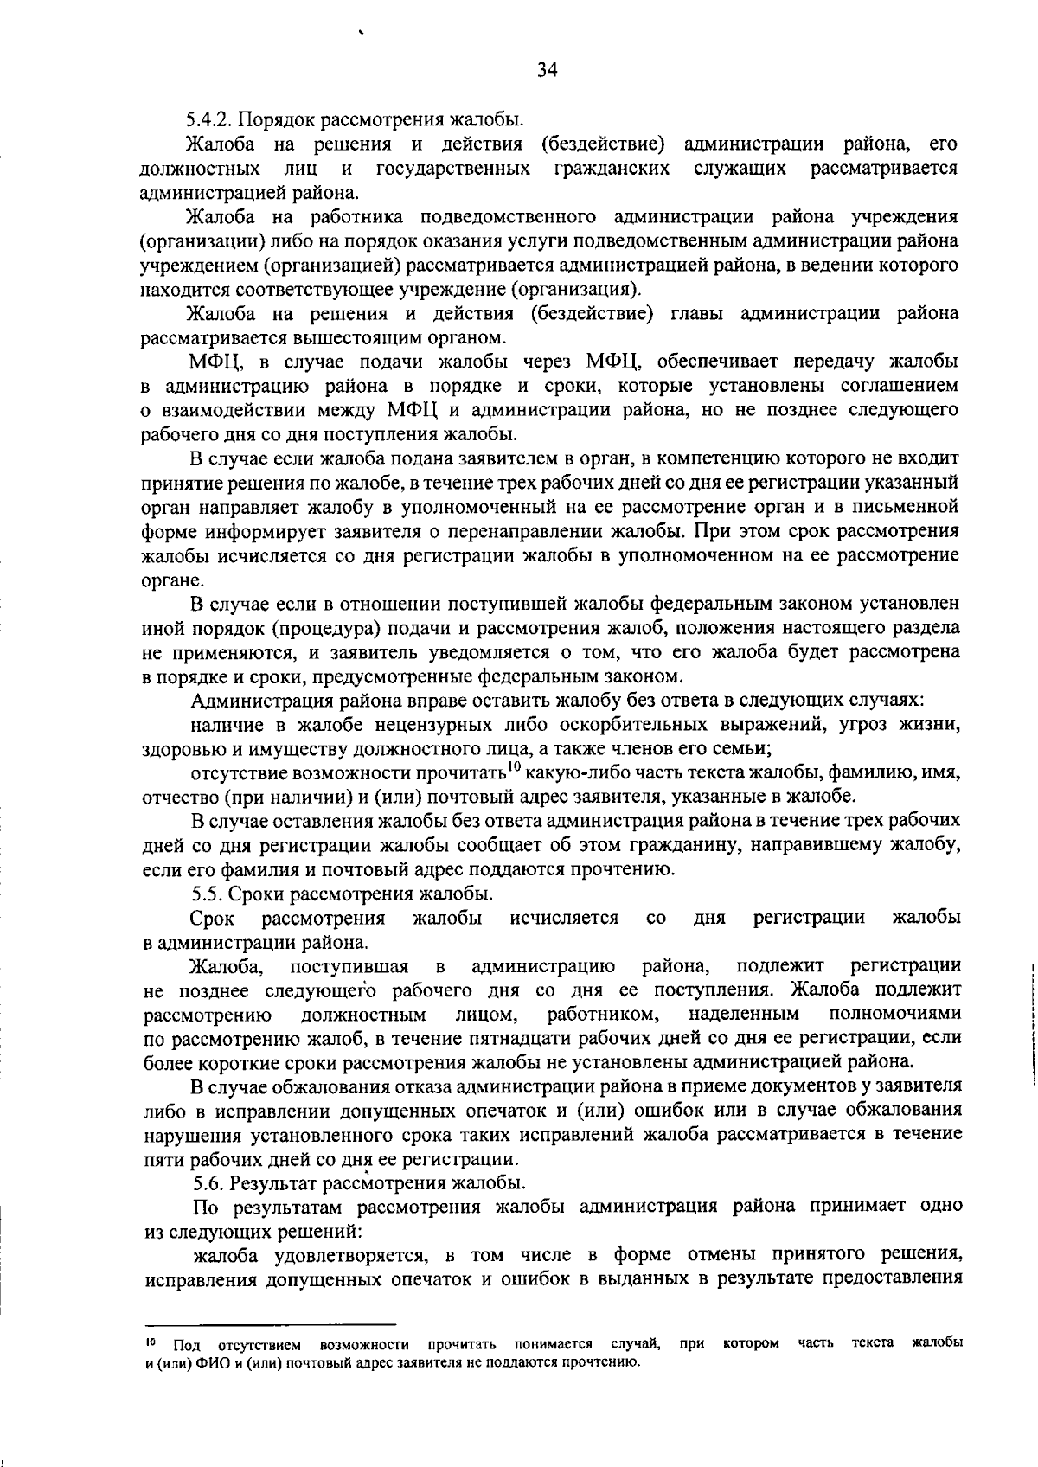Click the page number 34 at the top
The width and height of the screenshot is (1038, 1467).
[x=546, y=71]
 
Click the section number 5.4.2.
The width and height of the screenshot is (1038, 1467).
[x=210, y=119]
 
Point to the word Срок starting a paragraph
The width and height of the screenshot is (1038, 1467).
[x=212, y=918]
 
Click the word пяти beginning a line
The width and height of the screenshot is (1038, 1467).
[x=161, y=1158]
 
